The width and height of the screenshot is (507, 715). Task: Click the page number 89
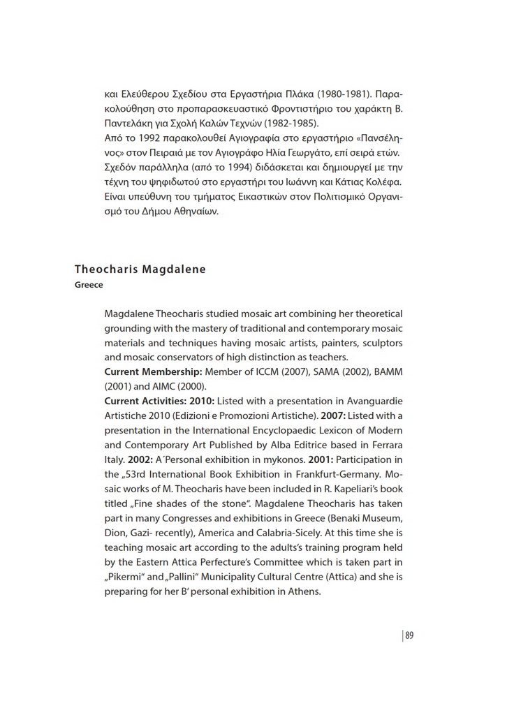tap(409, 635)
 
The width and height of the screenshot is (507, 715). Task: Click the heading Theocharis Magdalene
tap(140, 270)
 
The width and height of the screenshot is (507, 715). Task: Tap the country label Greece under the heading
tap(89, 285)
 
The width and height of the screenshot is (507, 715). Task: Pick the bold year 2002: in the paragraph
tap(142, 459)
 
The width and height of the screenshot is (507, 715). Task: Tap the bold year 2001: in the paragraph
tap(311, 459)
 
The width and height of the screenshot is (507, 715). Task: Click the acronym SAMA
tap(323, 371)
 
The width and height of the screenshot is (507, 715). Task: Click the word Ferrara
tap(383, 445)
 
